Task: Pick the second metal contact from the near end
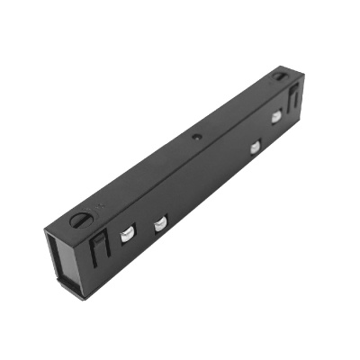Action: pyautogui.click(x=160, y=224)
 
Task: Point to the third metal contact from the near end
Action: pyautogui.click(x=256, y=146)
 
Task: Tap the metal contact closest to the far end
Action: pyautogui.click(x=276, y=117)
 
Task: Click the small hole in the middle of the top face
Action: pyautogui.click(x=196, y=137)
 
